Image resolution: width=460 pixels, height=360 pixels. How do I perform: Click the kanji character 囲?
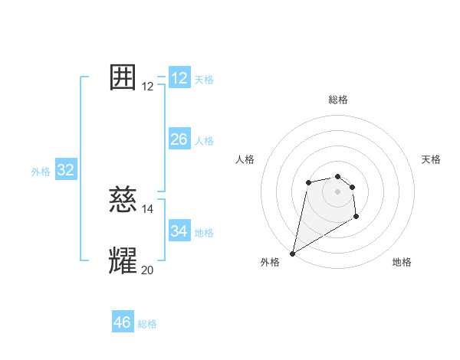tap(123, 78)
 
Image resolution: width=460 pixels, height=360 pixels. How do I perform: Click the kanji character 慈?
tap(123, 201)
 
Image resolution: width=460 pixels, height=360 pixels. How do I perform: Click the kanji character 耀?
tap(123, 261)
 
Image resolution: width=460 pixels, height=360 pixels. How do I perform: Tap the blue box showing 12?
tap(179, 78)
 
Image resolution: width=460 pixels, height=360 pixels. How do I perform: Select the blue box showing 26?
tap(179, 139)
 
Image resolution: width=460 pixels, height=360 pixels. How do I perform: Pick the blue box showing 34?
tap(179, 231)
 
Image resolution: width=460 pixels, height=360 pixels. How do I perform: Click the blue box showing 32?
tap(66, 170)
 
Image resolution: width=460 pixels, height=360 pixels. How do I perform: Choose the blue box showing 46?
tap(123, 322)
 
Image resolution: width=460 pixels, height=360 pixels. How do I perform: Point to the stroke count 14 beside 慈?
tap(148, 208)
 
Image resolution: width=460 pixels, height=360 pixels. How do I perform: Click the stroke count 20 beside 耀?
tap(148, 270)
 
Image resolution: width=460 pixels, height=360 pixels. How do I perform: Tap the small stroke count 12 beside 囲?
tap(148, 87)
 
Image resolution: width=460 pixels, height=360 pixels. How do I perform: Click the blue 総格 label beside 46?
tap(147, 324)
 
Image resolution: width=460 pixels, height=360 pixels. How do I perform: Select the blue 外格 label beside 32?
tap(41, 172)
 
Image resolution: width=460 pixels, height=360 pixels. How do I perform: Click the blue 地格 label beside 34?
tap(204, 233)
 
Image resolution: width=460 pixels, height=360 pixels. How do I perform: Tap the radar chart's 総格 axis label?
tap(338, 100)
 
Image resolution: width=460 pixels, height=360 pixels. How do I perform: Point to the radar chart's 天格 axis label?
tap(432, 159)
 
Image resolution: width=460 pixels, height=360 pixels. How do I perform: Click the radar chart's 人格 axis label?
tap(245, 159)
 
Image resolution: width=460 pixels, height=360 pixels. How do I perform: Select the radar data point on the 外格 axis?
tap(292, 254)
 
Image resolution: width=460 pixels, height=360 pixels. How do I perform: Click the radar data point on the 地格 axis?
tap(356, 218)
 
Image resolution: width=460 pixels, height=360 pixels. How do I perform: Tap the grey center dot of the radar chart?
tap(338, 191)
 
